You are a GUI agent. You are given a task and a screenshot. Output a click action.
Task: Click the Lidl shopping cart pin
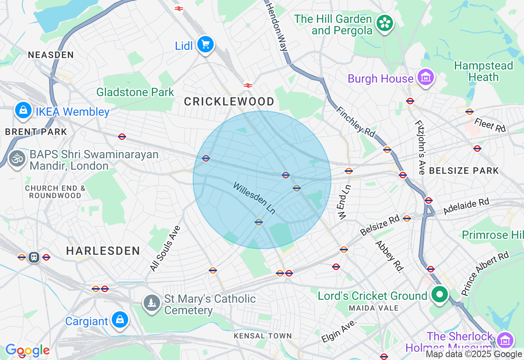point(205,44)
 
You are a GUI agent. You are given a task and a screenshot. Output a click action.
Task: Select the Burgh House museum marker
point(426,77)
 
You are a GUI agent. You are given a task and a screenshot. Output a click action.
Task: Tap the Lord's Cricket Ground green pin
point(440,295)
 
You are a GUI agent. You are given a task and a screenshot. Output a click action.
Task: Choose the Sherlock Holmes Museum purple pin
point(505,340)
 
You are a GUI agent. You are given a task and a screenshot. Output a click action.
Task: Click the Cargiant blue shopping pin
point(120,320)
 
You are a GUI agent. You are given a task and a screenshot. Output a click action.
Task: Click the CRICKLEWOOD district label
point(229,101)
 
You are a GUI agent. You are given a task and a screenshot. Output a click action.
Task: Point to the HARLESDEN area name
point(103,251)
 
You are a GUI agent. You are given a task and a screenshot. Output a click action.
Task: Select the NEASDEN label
point(51,55)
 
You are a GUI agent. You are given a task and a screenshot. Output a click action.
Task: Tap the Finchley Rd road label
point(355,122)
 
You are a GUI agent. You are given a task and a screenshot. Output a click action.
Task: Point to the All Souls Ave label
point(165,248)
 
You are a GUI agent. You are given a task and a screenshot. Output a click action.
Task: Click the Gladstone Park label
point(135,92)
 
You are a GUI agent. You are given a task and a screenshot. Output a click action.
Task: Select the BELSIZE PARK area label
point(464,171)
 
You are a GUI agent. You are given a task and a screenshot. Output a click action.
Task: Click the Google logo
point(27,350)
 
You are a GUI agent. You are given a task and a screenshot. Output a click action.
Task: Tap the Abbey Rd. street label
point(389,256)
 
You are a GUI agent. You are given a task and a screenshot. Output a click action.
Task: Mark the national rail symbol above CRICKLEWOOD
point(248,85)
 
